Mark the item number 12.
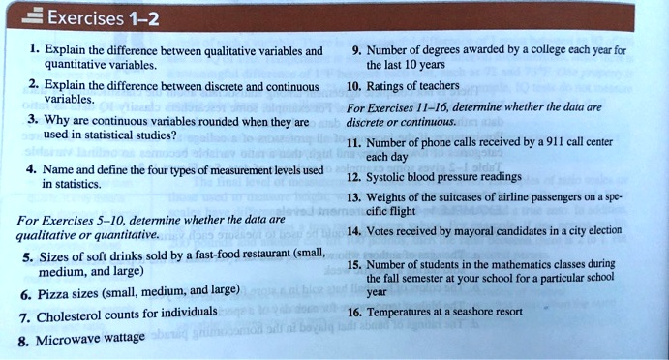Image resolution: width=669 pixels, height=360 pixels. tap(353, 177)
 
